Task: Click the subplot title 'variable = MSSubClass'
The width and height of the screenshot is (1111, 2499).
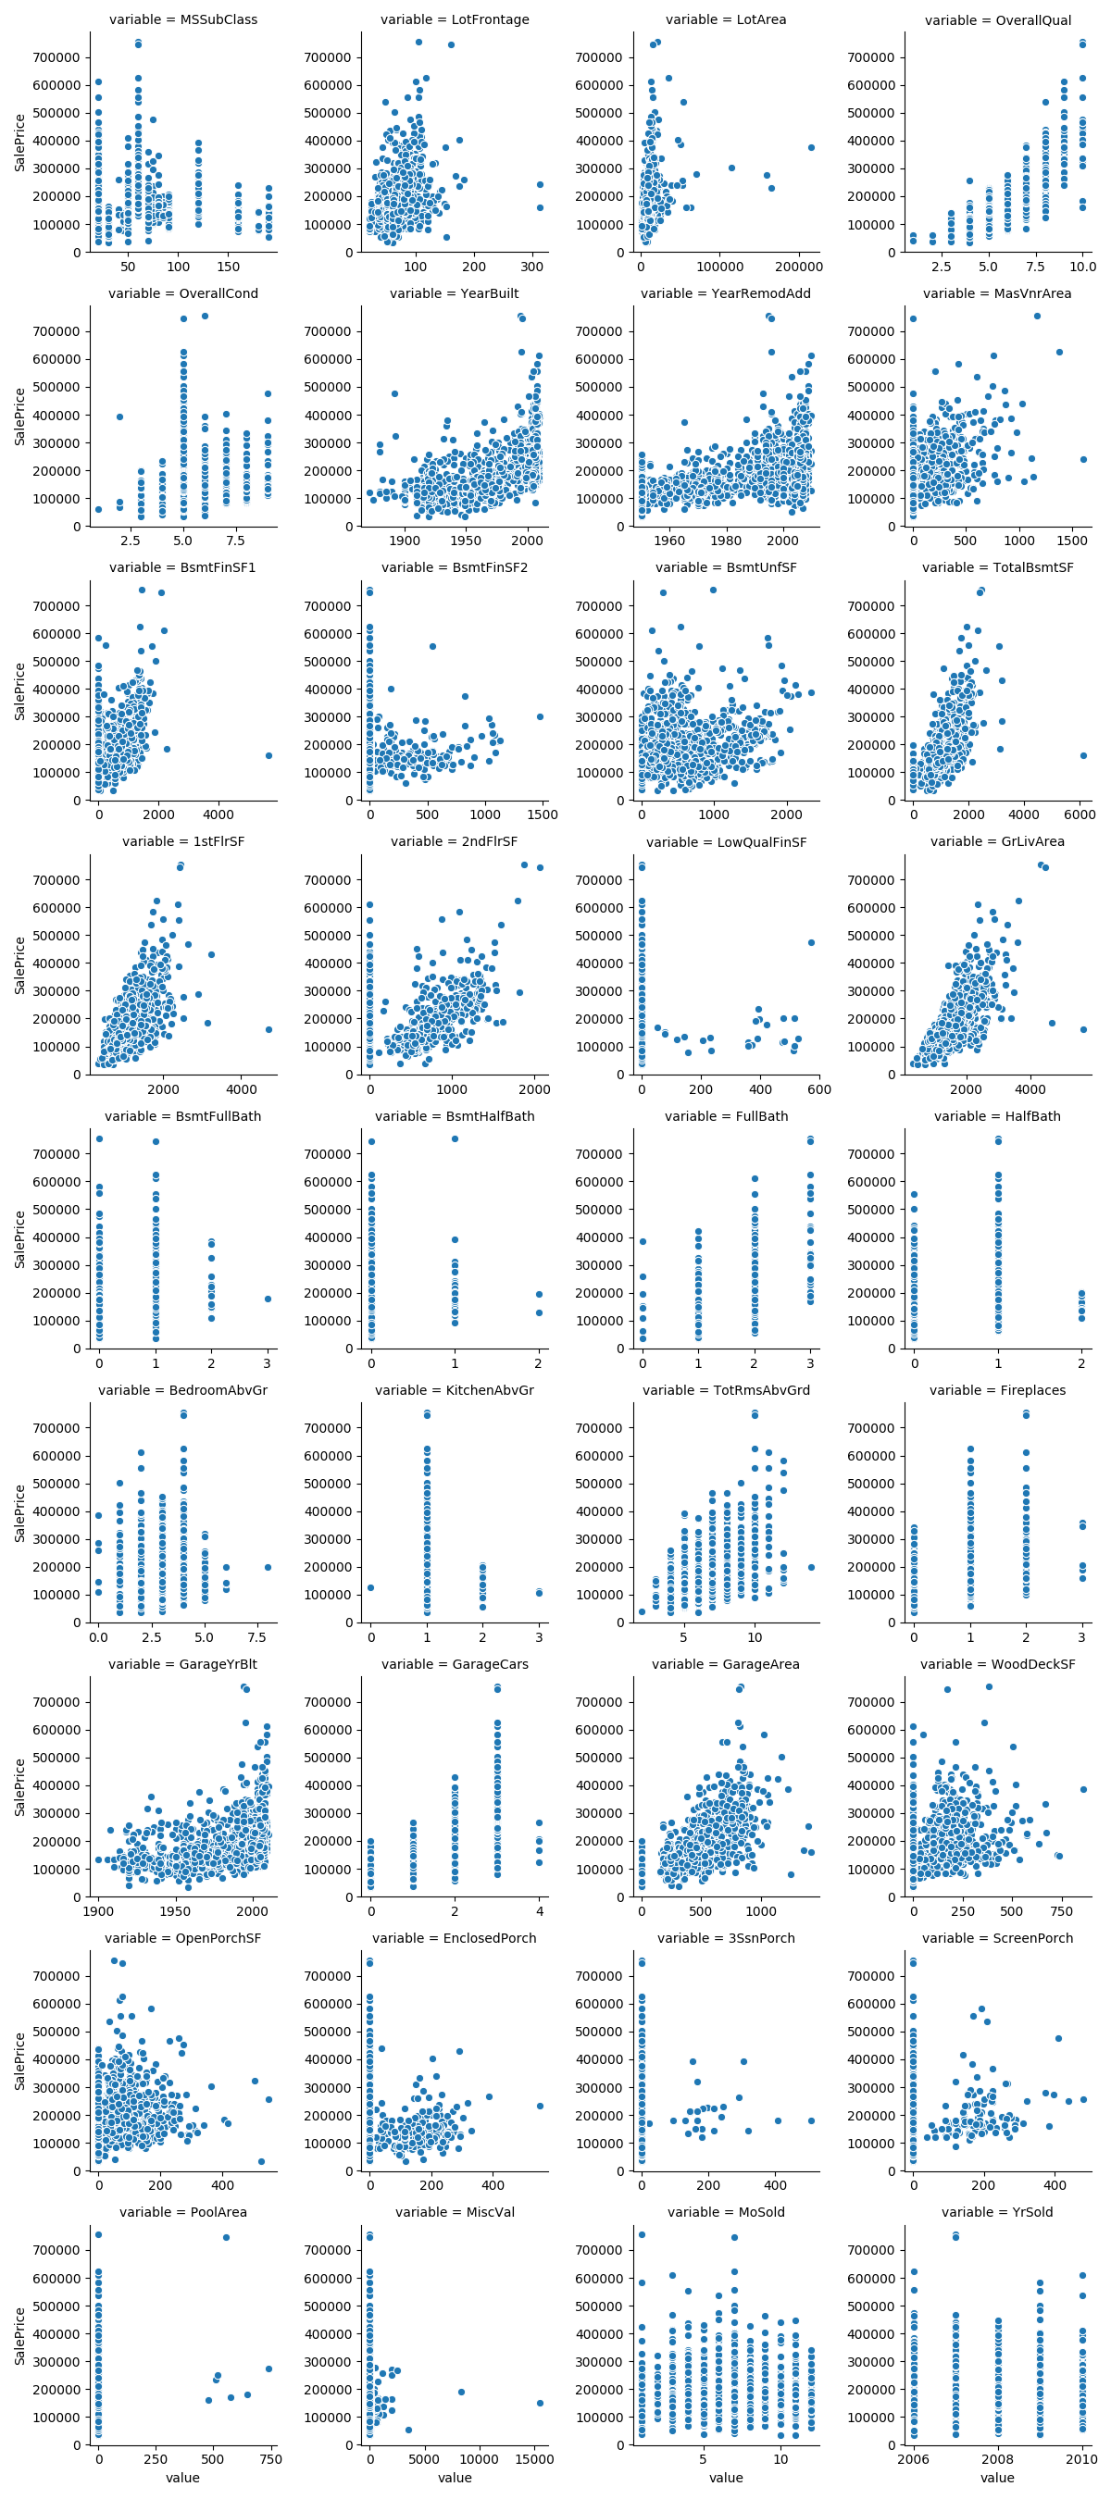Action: [182, 19]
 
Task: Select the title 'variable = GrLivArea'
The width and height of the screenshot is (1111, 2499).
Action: [996, 841]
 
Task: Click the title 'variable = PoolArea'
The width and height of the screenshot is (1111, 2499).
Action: [182, 2212]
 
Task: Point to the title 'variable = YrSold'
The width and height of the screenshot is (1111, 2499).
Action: [996, 2212]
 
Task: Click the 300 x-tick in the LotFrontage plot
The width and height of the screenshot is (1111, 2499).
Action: [531, 267]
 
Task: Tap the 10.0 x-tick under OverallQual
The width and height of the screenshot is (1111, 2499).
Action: [1082, 267]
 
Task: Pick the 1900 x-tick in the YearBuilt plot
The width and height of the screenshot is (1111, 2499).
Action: [405, 541]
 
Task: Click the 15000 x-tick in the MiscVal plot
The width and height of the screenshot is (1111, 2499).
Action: [533, 2459]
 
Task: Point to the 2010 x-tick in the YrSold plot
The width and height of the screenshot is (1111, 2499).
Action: [1081, 2459]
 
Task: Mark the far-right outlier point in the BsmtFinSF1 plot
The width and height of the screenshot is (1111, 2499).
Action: [268, 755]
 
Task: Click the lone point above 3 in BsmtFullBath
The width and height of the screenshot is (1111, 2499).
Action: [268, 1299]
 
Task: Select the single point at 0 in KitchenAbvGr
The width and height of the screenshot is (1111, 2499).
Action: [370, 1588]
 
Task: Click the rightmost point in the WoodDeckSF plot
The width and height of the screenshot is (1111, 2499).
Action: [1083, 1790]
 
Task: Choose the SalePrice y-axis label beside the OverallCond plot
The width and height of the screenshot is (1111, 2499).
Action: [19, 416]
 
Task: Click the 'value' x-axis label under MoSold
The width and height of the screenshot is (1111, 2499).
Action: [725, 2478]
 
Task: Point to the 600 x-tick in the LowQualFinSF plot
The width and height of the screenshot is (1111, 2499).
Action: [819, 1089]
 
